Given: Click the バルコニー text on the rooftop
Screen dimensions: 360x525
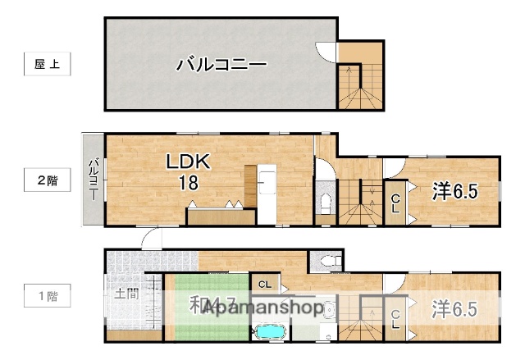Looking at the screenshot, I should (x=221, y=64).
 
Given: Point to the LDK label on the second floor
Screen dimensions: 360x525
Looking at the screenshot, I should (x=189, y=162).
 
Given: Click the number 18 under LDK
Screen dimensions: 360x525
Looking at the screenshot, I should (x=189, y=183).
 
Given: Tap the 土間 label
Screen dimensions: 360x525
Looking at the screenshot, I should (x=126, y=294).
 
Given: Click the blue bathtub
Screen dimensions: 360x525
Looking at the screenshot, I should (x=269, y=332).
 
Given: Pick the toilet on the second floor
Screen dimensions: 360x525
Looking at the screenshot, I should (x=324, y=203).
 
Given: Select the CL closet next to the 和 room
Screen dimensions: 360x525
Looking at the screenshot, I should (x=263, y=284).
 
